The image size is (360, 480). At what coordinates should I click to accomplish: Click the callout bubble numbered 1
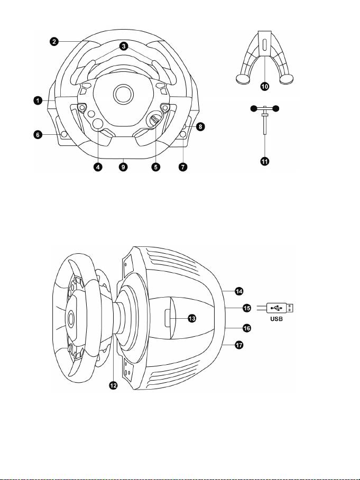tap(38, 100)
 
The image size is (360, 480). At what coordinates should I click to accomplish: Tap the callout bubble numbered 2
tap(54, 42)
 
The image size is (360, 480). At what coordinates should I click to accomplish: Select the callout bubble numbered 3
tap(123, 46)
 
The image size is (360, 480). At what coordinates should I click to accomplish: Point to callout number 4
tap(98, 167)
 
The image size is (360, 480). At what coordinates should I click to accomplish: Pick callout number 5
tap(156, 167)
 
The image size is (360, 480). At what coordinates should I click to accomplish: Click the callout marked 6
tap(38, 135)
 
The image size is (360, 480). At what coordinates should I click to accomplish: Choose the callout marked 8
tap(200, 126)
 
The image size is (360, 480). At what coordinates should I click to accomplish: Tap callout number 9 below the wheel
tap(123, 167)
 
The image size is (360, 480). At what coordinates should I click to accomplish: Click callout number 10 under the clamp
tap(265, 87)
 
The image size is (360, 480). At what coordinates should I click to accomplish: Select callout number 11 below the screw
tap(265, 161)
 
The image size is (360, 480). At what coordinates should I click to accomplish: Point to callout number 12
tap(113, 385)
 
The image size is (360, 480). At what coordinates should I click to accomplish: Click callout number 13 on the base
tap(192, 318)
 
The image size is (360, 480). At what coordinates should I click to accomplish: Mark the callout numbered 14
tap(239, 291)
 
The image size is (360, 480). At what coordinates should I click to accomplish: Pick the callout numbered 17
tap(239, 345)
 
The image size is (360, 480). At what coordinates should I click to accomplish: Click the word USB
tap(276, 319)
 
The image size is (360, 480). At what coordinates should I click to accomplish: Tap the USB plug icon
tap(280, 308)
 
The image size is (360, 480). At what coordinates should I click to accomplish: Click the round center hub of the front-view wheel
tap(123, 94)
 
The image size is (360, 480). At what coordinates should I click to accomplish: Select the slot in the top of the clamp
tap(264, 45)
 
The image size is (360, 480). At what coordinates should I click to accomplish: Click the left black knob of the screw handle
tap(253, 108)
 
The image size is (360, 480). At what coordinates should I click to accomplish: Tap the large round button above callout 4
tap(98, 123)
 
